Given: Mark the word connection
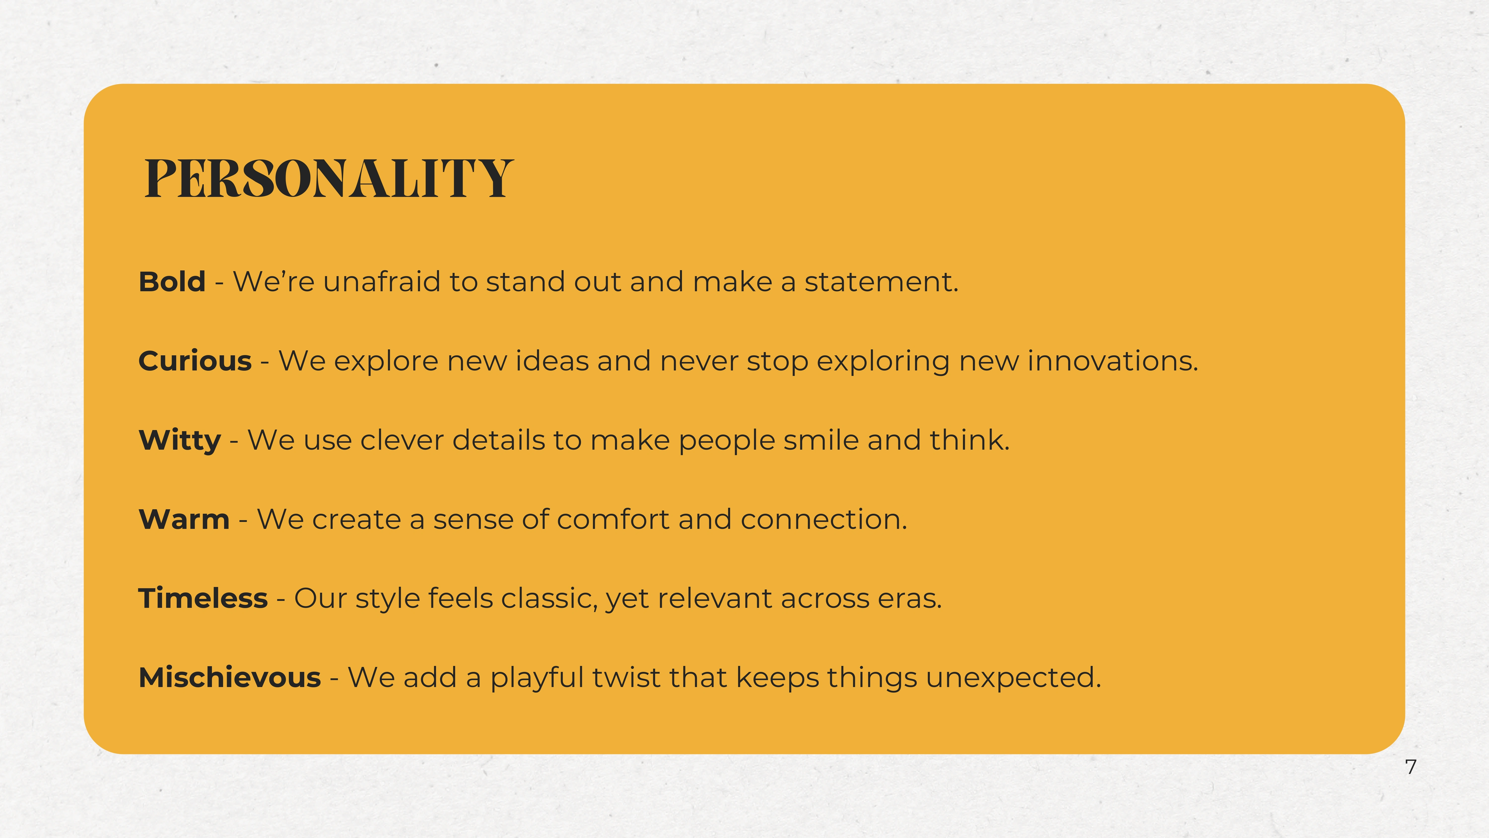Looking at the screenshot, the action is (824, 519).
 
